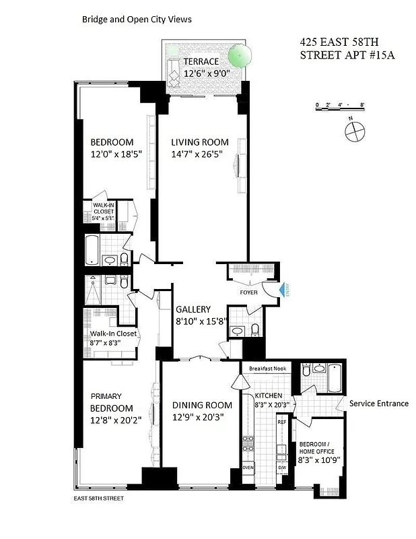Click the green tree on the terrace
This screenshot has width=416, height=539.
click(x=237, y=54)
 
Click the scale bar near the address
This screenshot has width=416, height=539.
click(x=340, y=106)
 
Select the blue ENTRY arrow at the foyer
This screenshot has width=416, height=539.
click(x=283, y=290)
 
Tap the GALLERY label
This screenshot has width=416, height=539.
click(x=193, y=309)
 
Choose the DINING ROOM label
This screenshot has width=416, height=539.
click(x=202, y=405)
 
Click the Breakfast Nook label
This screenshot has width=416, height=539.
click(x=268, y=369)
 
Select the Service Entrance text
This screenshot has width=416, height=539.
click(x=378, y=403)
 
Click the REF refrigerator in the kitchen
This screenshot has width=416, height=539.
click(x=282, y=422)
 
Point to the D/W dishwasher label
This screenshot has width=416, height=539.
click(x=282, y=468)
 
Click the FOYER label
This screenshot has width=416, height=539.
click(x=249, y=292)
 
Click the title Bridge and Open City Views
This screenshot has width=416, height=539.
click(x=137, y=20)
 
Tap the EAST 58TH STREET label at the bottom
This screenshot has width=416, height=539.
click(x=98, y=499)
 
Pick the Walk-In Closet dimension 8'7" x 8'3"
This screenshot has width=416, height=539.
click(x=112, y=344)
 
